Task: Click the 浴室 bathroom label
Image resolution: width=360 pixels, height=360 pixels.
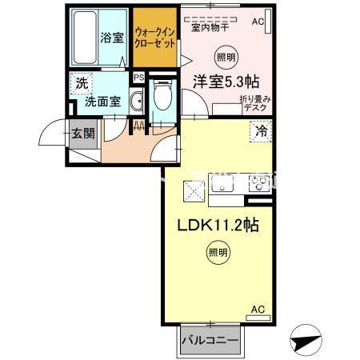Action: pos(112,38)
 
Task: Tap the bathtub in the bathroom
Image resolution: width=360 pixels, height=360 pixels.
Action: pos(85,38)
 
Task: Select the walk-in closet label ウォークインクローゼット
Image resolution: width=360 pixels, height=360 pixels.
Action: pos(155,38)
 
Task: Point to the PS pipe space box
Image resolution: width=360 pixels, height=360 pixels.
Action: pos(138,78)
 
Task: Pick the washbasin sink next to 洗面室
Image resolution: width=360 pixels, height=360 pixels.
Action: pos(137,101)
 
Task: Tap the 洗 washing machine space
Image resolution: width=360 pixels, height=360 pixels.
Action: pos(82,84)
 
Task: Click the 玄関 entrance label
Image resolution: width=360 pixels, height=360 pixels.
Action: pos(83,134)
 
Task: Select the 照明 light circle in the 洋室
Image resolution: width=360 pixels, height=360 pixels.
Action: pos(226,58)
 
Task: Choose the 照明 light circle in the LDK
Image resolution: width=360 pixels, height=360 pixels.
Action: pos(218,252)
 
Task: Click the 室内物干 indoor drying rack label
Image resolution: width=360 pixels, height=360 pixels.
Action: pos(210,27)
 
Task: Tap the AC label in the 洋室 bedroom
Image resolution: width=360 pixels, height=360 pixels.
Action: pos(258,22)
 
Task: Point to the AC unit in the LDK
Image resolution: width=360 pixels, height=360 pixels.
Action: pos(258,318)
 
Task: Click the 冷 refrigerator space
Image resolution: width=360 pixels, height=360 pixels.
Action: pos(261,131)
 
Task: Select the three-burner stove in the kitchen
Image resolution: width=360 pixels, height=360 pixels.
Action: pos(259,183)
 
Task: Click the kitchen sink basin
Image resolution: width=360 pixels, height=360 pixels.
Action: pos(222,183)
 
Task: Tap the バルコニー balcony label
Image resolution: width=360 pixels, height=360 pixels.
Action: pos(210,341)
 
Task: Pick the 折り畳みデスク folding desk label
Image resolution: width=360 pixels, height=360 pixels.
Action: pos(255,103)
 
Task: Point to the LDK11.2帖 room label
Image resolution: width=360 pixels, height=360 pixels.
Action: pos(218,226)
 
